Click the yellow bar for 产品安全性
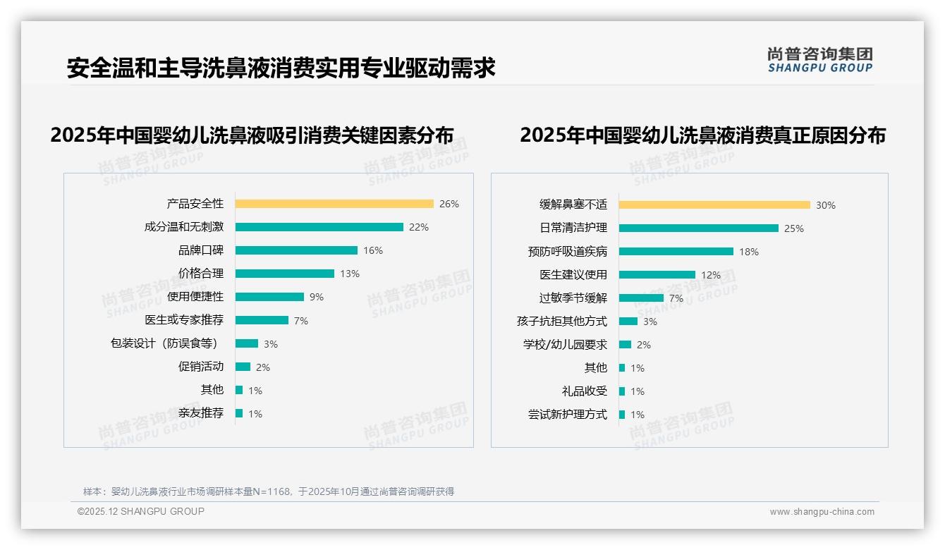pos(334,204)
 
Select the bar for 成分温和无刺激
pos(319,227)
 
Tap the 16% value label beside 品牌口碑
pos(373,250)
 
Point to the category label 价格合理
pos(201,274)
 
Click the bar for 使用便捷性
pos(269,297)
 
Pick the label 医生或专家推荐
pos(184,320)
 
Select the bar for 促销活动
pos(243,367)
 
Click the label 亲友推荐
pos(201,413)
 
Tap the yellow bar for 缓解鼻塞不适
pos(714,205)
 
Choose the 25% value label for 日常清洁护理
pos(794,228)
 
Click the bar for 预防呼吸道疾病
pos(676,252)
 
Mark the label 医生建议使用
pos(573,275)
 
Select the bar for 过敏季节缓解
pos(641,298)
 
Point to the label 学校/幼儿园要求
pos(565,345)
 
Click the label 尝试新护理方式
pos(568,415)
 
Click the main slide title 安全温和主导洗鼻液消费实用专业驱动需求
pos(281,68)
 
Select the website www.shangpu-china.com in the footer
pos(822,512)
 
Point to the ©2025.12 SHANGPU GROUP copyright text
pos(141,511)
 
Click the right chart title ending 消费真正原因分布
pos(702,135)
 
